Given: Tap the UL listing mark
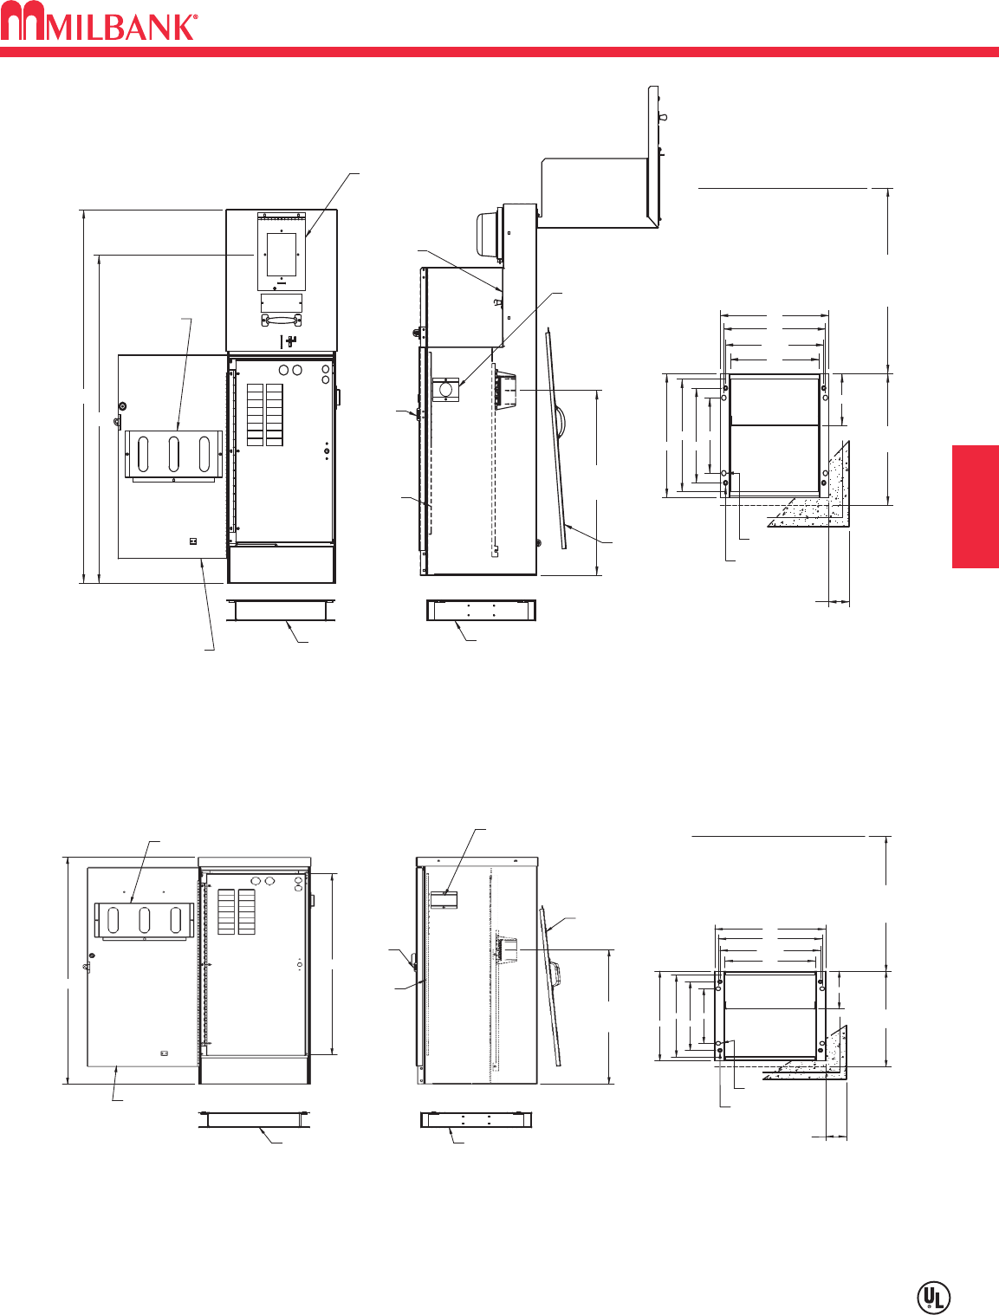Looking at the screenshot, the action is [933, 1297].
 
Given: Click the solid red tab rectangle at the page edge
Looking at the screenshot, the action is [975, 507].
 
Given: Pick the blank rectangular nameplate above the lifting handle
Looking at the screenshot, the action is [281, 302].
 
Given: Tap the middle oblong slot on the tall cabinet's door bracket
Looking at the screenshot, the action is [174, 454].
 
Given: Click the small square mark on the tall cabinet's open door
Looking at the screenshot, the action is [193, 541].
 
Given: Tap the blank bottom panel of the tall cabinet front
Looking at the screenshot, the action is [281, 564].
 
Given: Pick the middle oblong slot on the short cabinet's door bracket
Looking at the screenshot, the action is [144, 920].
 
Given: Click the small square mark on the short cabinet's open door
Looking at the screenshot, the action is [165, 1053].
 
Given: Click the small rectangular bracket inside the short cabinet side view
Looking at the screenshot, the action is [444, 898].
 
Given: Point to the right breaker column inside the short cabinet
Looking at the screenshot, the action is [248, 911].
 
